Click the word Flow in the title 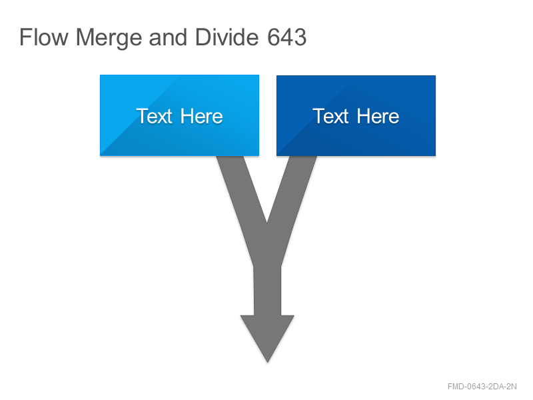click(x=44, y=37)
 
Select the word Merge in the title click(x=109, y=39)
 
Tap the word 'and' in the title click(x=168, y=37)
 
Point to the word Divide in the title click(x=227, y=37)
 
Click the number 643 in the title click(x=287, y=37)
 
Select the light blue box click(x=179, y=115)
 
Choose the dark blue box click(x=356, y=115)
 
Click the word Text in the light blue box click(x=155, y=116)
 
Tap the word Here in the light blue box click(x=202, y=116)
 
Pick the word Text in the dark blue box click(x=331, y=116)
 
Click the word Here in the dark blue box click(x=378, y=116)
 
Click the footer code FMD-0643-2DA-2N click(x=482, y=387)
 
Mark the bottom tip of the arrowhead click(x=268, y=362)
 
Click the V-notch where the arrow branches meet click(x=267, y=223)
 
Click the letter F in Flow click(x=25, y=37)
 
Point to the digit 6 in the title click(x=274, y=37)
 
